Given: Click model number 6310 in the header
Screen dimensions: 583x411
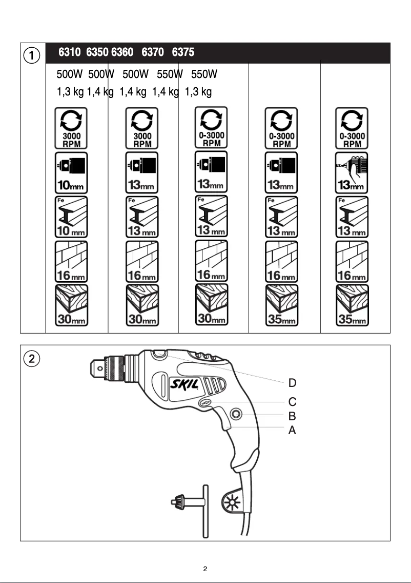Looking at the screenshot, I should (70, 53).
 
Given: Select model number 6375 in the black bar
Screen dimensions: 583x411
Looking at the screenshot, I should (183, 53).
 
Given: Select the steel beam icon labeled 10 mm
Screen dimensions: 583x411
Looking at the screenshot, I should (71, 217).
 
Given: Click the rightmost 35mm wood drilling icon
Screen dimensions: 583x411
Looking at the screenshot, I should (352, 305).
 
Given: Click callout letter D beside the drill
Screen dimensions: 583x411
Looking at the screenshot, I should (292, 383).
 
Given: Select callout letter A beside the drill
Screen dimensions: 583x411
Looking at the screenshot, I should (292, 431).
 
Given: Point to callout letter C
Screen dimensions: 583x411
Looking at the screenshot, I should (292, 401).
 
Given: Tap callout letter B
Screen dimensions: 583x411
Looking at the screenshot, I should (292, 416).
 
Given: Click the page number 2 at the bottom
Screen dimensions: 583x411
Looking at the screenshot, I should (205, 569).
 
